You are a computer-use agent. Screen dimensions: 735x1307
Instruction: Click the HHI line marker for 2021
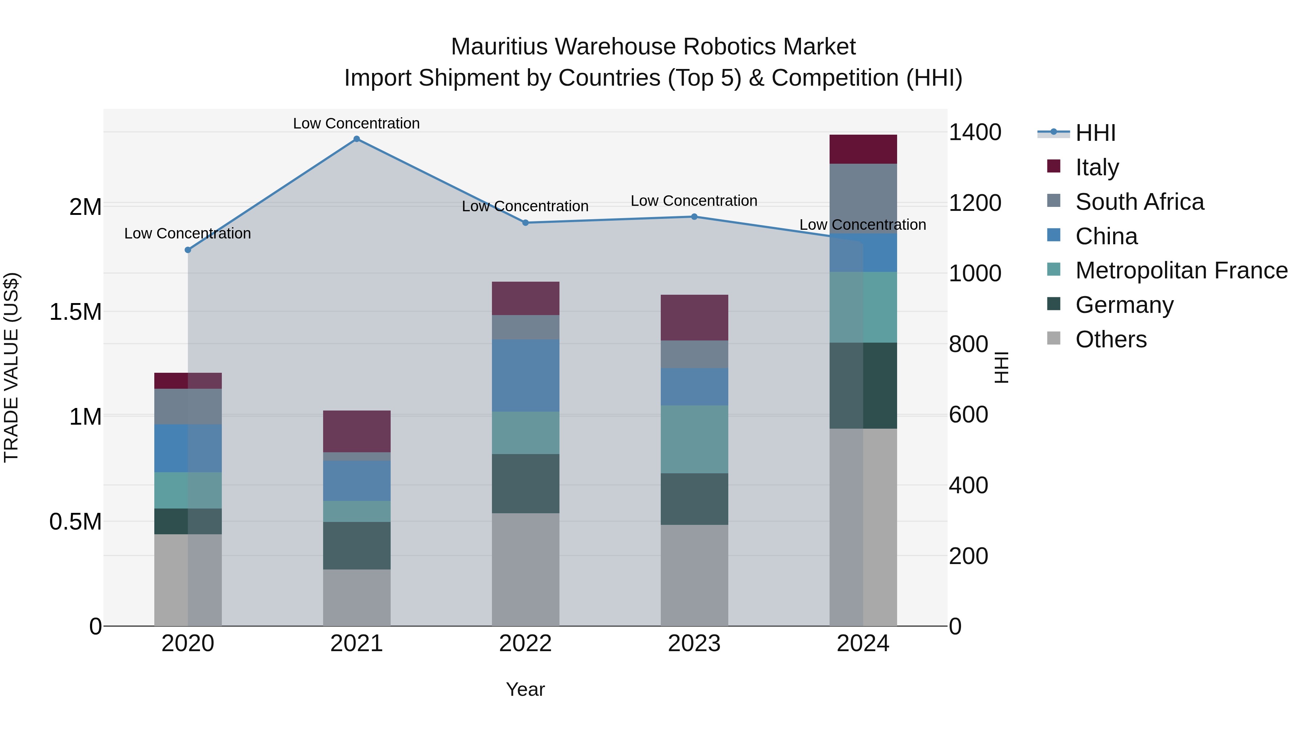coord(357,139)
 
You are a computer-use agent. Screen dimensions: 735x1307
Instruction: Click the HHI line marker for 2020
coord(188,250)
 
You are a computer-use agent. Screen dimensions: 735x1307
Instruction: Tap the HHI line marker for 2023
coord(694,217)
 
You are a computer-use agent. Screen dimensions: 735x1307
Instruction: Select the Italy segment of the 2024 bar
coord(863,149)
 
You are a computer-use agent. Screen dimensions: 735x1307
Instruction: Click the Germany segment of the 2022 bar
coord(526,483)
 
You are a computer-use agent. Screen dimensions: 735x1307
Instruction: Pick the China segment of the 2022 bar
coord(526,375)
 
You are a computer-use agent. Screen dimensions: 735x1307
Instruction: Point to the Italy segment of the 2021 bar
coord(357,431)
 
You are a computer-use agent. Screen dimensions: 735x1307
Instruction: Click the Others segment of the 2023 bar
coord(694,575)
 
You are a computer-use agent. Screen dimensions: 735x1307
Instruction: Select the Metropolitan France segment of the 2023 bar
coord(694,439)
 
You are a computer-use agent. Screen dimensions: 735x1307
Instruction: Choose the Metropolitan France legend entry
coord(1181,270)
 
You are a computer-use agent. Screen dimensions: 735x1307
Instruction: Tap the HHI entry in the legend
coord(1095,133)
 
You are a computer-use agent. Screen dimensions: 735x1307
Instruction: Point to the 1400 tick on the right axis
coord(975,132)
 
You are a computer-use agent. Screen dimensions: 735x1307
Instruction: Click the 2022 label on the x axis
coord(526,644)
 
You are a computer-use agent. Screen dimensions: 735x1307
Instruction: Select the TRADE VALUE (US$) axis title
coord(11,367)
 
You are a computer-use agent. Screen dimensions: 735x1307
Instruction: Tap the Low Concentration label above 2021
coord(356,123)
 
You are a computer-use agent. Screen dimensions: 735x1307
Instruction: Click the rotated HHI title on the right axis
coord(1001,367)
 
